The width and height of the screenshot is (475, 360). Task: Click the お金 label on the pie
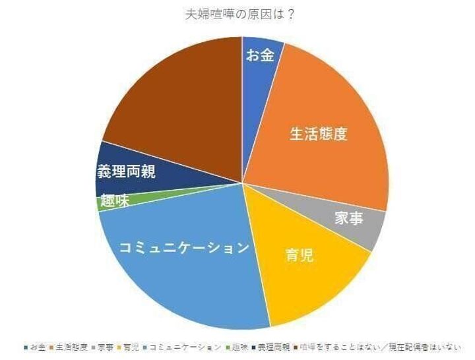(x=259, y=55)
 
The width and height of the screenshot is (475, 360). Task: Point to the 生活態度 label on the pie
(x=319, y=134)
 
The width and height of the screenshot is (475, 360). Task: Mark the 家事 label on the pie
(x=349, y=218)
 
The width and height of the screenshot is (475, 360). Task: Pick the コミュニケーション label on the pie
(x=185, y=248)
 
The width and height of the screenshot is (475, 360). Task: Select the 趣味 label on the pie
(x=115, y=202)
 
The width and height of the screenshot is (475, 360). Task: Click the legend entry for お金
(x=36, y=347)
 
